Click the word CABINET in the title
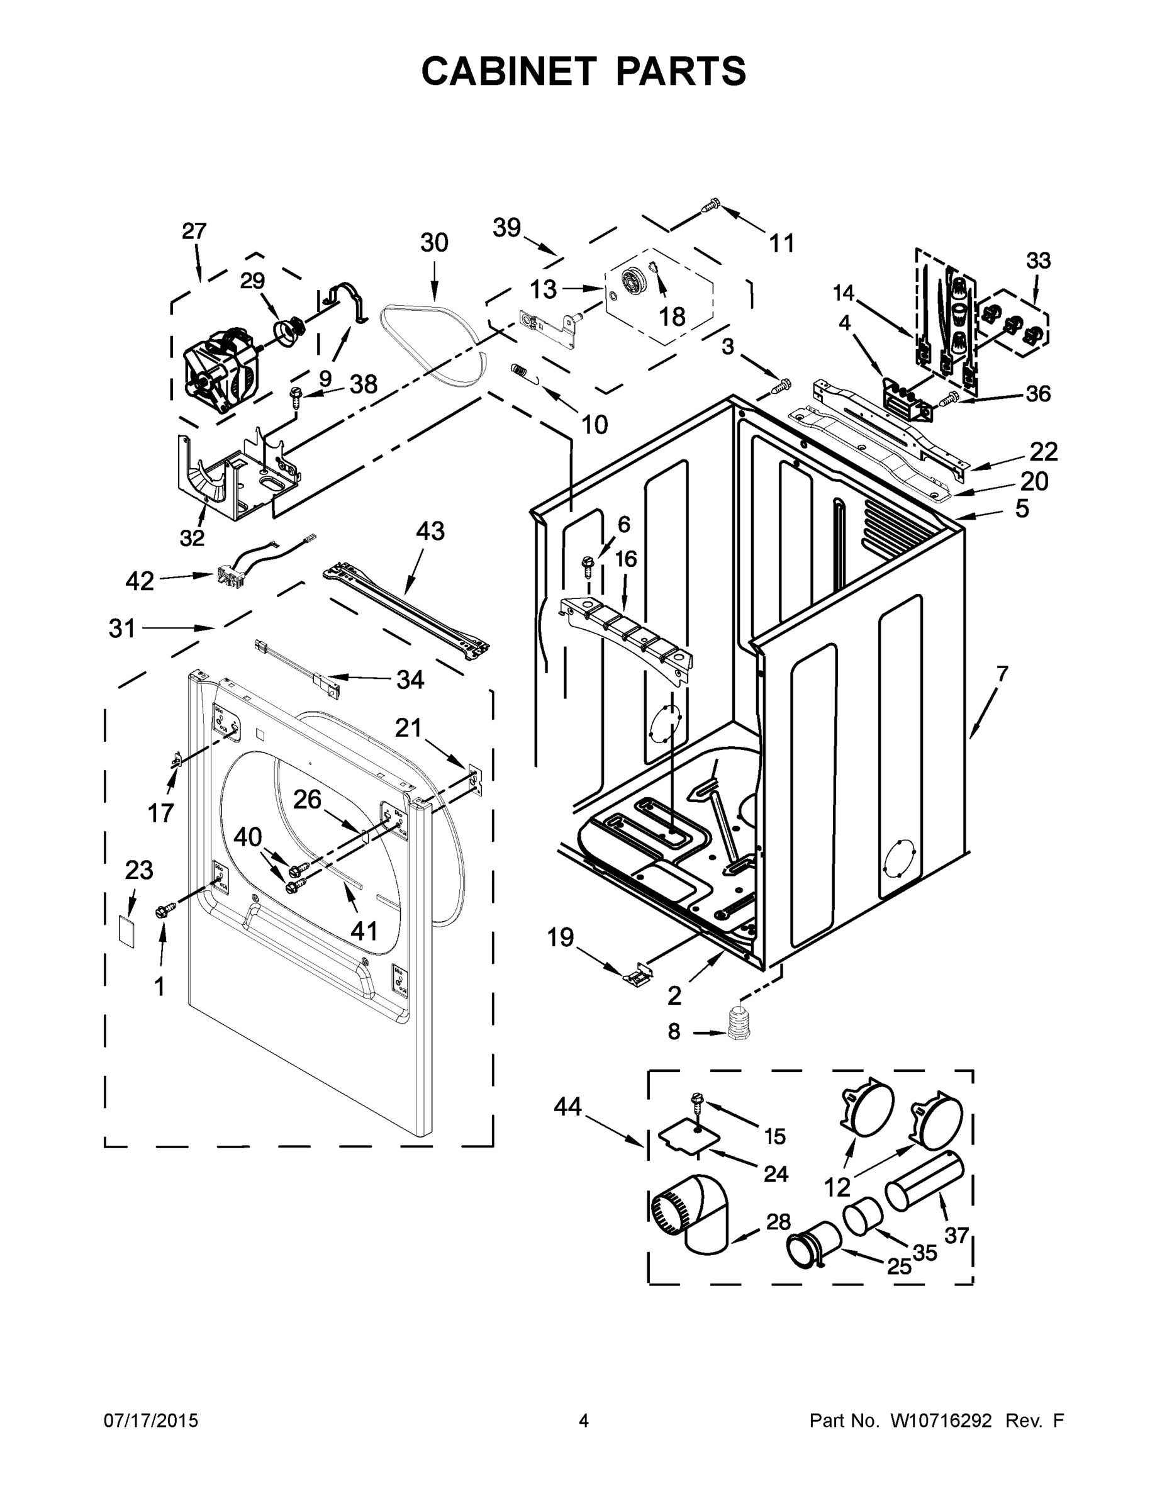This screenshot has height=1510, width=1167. [508, 70]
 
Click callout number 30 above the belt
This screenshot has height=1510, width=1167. [434, 243]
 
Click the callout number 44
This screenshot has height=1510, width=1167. [568, 1107]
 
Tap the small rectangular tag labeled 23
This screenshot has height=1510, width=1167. [126, 932]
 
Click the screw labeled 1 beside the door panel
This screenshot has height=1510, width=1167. [166, 911]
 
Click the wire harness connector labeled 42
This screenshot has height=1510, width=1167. [225, 573]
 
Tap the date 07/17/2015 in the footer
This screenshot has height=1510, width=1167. [151, 1421]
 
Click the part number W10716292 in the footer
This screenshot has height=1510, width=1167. [941, 1421]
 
